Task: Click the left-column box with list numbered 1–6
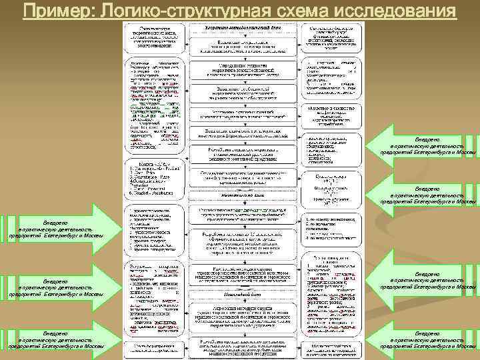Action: (x=155, y=177)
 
